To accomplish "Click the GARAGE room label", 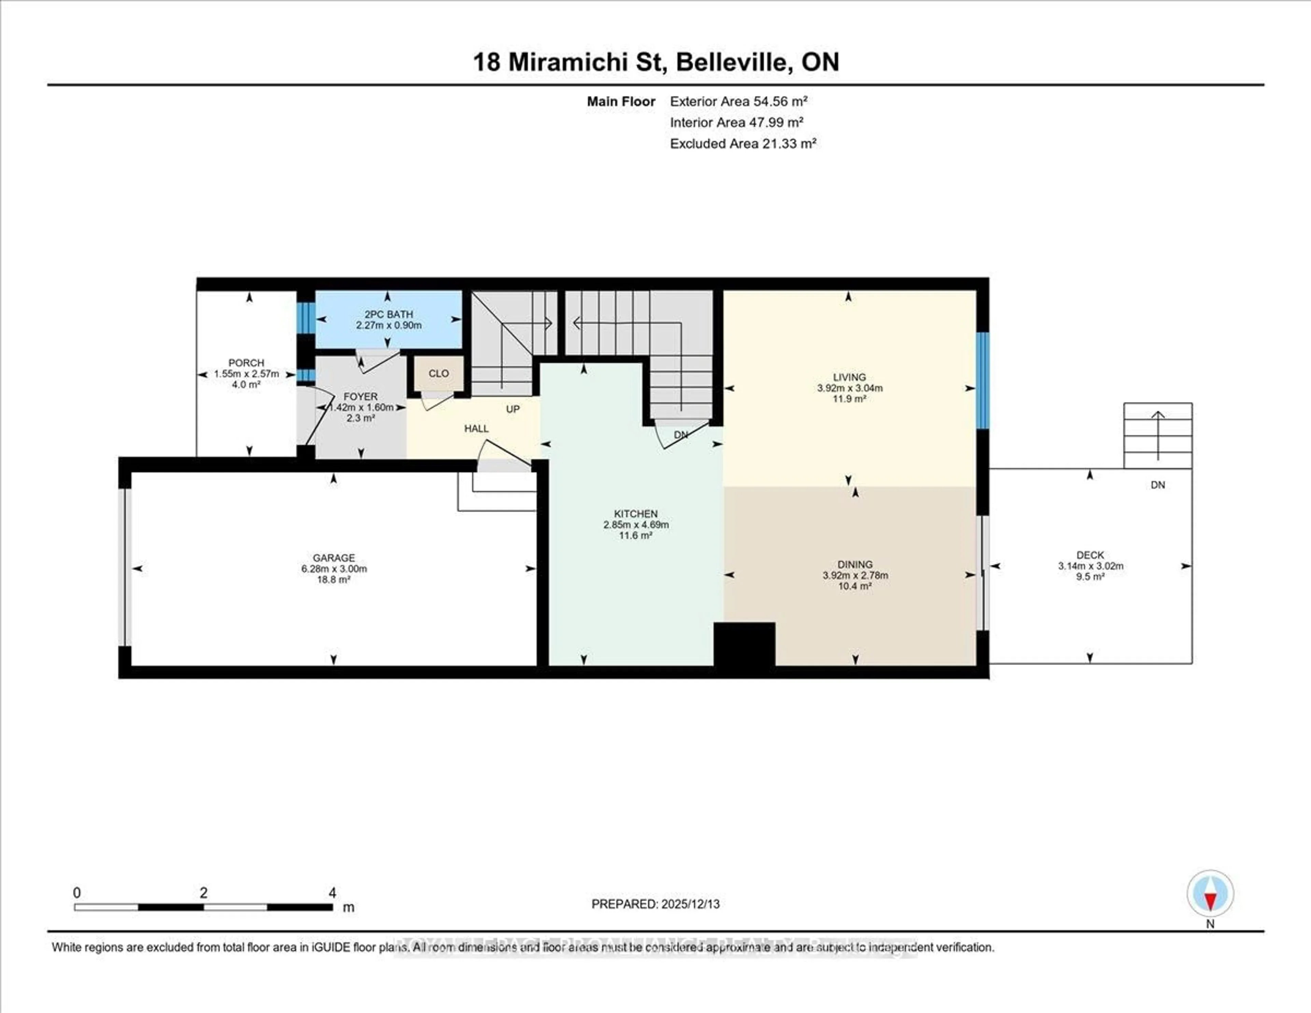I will [334, 558].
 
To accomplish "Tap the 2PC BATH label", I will [389, 314].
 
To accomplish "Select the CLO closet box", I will [438, 374].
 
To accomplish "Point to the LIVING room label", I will [849, 377].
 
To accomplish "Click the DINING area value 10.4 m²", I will [855, 586].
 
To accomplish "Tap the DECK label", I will [1090, 555].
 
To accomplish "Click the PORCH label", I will [246, 363].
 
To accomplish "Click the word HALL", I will [476, 429].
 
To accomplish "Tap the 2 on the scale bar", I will [203, 893].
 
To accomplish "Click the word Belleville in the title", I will [732, 63].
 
